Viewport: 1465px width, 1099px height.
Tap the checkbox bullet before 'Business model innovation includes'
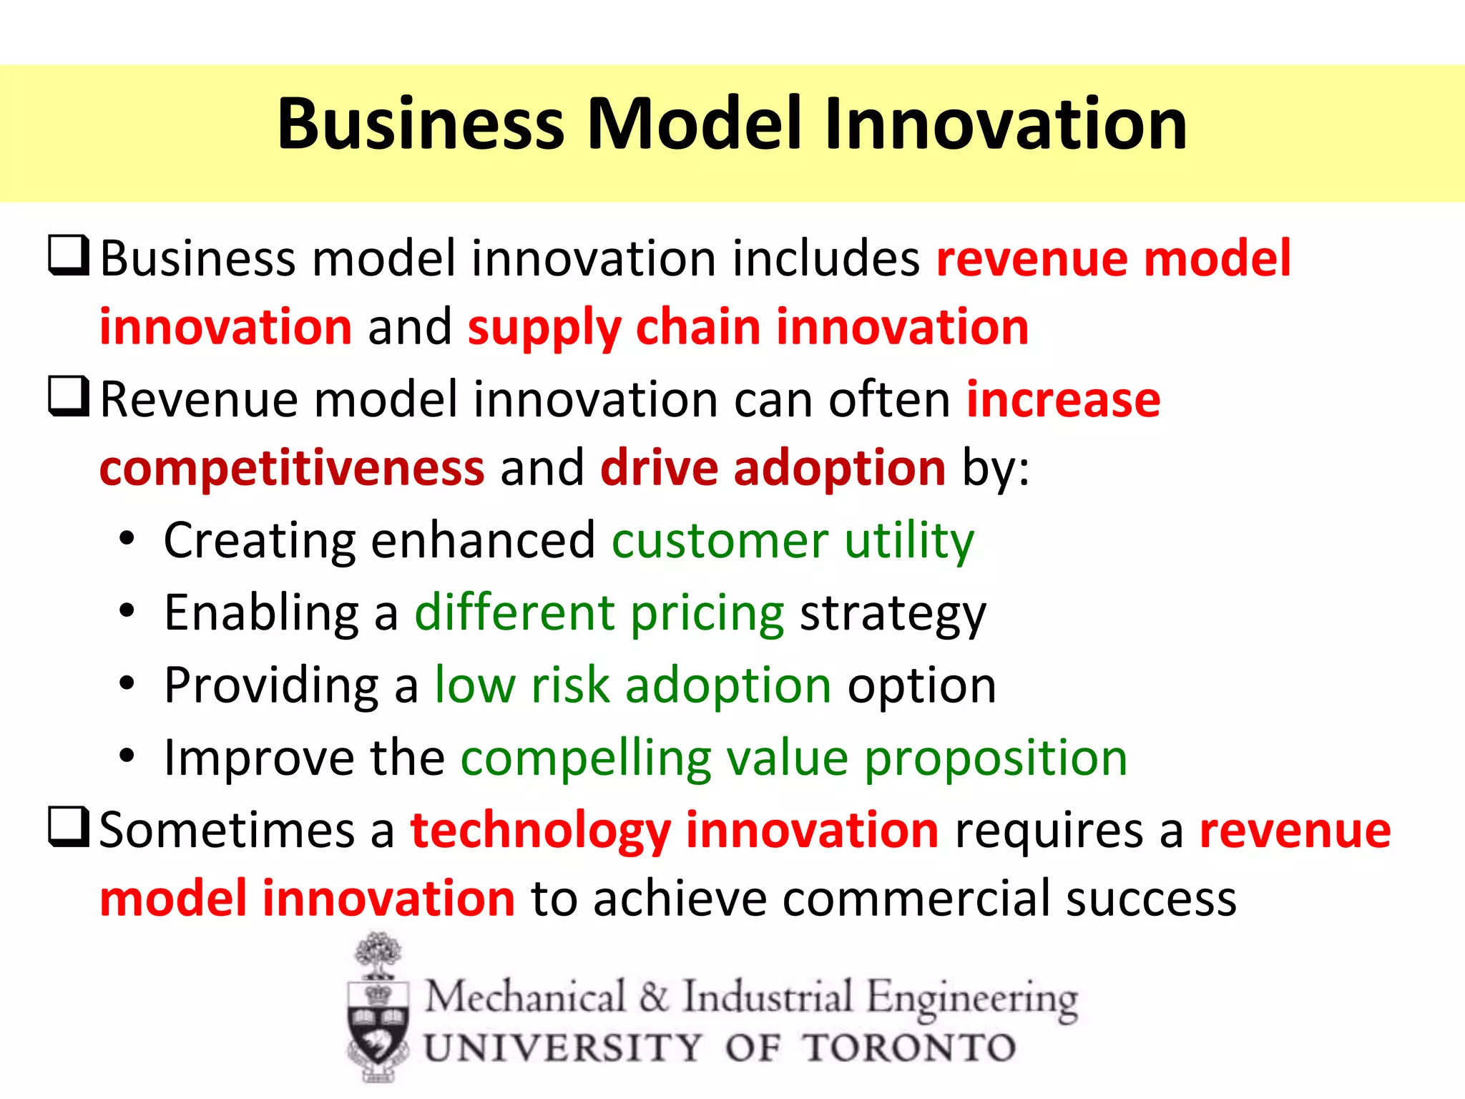point(69,256)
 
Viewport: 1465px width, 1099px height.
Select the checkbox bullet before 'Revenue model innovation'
point(69,397)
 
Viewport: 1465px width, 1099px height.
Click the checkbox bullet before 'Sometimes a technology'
point(69,827)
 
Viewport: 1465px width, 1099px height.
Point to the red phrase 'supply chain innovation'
point(748,328)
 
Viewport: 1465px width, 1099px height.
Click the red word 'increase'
point(1063,399)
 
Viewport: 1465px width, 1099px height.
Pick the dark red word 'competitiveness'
point(292,469)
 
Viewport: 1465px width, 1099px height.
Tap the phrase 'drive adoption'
point(773,469)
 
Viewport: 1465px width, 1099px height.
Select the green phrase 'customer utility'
point(793,540)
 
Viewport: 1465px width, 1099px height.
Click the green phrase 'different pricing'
point(599,614)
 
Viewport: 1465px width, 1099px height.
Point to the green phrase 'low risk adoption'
point(633,685)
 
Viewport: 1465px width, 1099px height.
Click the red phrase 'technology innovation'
point(674,830)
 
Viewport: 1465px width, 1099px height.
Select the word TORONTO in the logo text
point(908,1049)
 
